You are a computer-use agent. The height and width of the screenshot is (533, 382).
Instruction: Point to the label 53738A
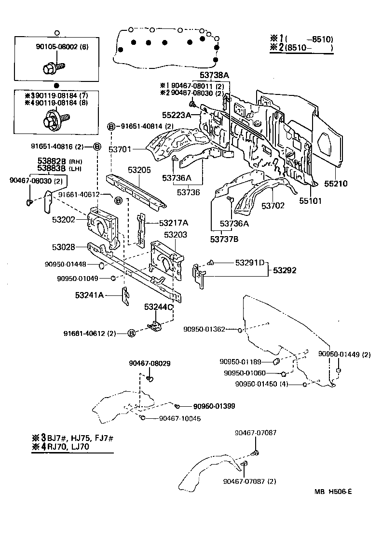click(215, 75)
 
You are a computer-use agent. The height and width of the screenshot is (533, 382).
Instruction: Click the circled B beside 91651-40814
click(110, 126)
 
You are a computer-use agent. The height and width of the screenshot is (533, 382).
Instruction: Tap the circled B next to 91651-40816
click(96, 147)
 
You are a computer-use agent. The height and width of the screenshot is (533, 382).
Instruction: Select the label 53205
click(140, 170)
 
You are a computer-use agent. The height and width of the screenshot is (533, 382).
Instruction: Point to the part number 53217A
click(174, 223)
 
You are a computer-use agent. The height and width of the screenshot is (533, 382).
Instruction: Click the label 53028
click(64, 247)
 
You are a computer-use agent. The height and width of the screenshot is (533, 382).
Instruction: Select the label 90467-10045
click(179, 418)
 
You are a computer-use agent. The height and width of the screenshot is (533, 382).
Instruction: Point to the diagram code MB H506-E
click(334, 492)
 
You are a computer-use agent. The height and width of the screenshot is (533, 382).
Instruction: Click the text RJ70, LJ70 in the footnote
click(69, 447)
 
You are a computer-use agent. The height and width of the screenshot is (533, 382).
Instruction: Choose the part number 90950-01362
click(204, 329)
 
